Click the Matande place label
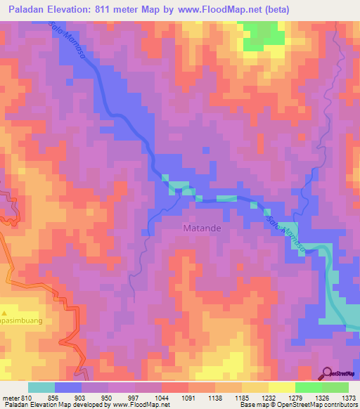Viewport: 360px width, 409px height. [x=203, y=228]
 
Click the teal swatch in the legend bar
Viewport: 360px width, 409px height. [x=41, y=387]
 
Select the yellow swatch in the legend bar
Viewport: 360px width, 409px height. [x=281, y=387]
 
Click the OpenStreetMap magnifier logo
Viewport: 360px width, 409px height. [x=328, y=372]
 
